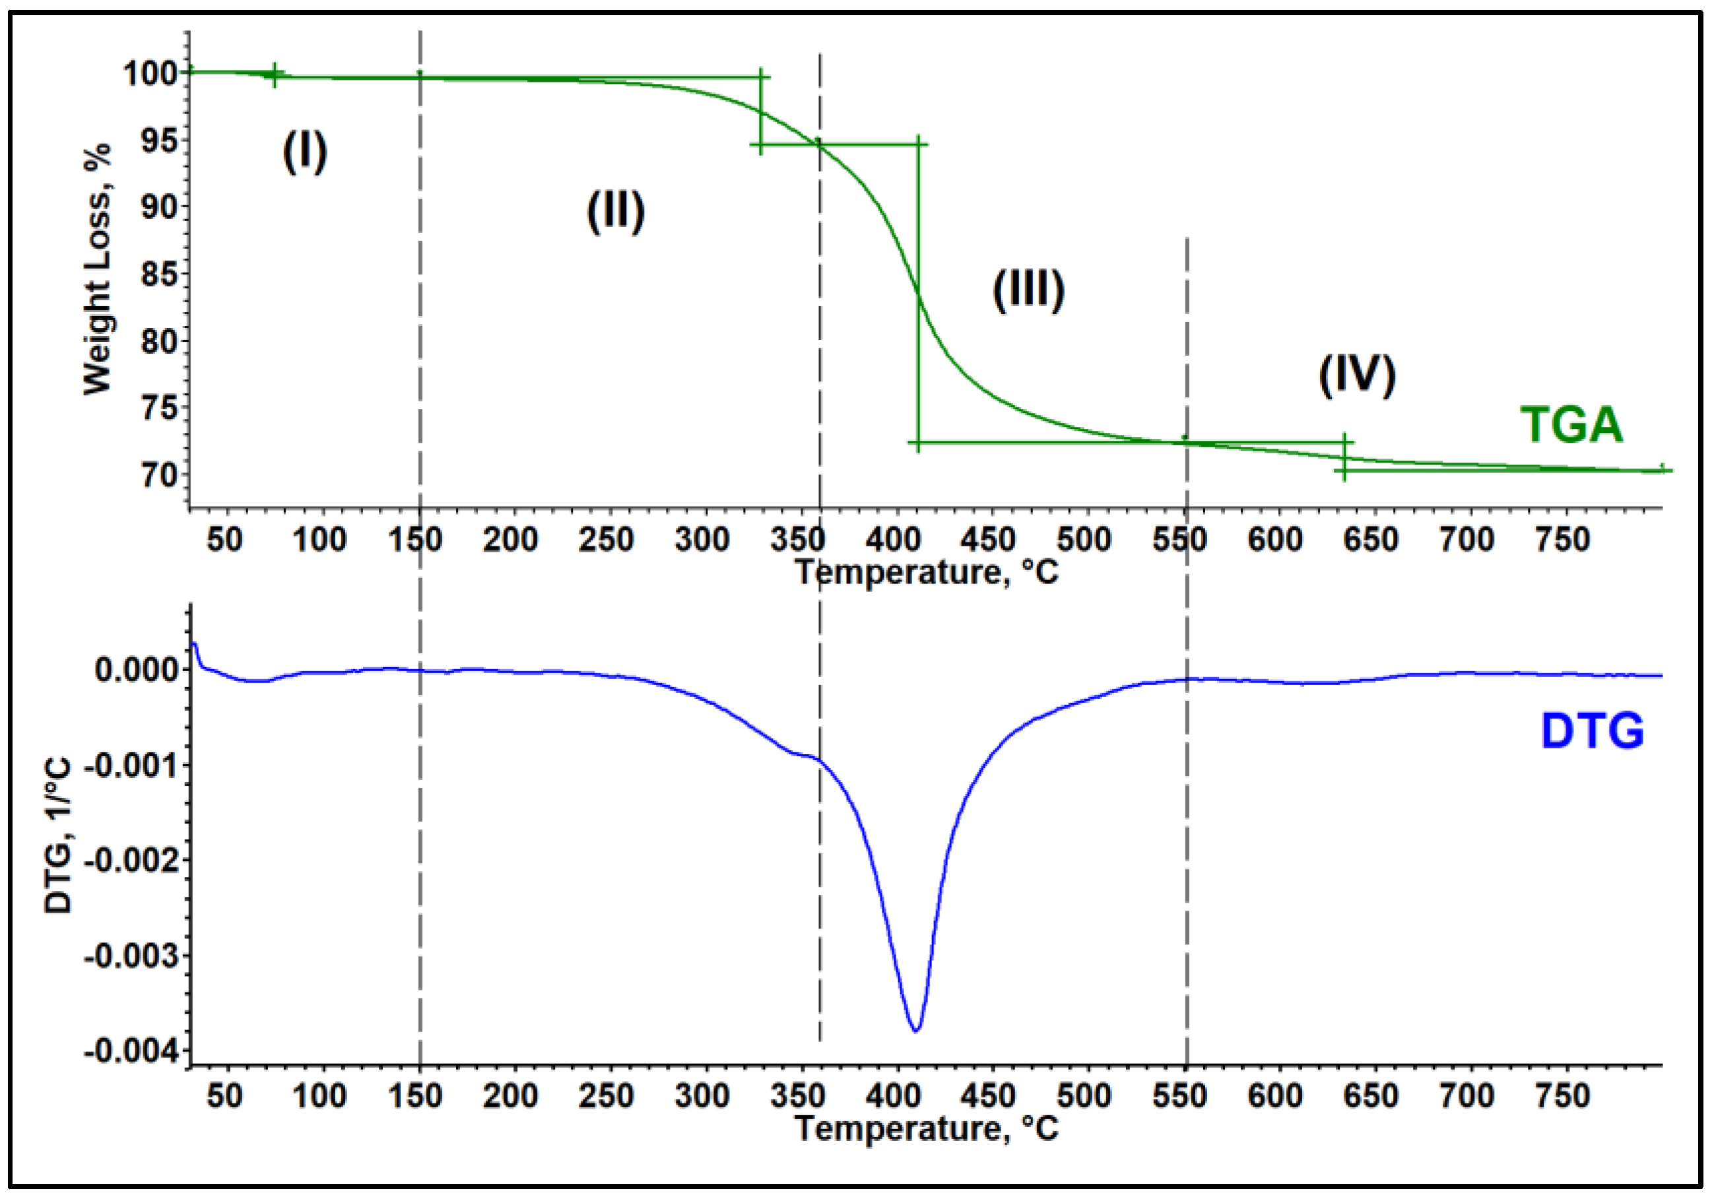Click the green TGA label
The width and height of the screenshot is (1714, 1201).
pyautogui.click(x=1571, y=426)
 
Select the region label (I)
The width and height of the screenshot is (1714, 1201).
pyautogui.click(x=304, y=152)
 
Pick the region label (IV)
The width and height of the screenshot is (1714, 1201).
pyautogui.click(x=1356, y=375)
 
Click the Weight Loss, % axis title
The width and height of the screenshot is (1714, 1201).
pyautogui.click(x=97, y=269)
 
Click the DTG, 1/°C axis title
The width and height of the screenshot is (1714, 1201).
pyautogui.click(x=58, y=835)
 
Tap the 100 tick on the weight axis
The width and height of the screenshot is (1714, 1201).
pyautogui.click(x=150, y=73)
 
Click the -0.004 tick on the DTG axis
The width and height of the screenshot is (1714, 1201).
pyautogui.click(x=132, y=1052)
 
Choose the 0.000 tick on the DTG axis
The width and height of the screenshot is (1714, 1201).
pyautogui.click(x=137, y=670)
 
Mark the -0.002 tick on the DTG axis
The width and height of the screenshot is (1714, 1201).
pyautogui.click(x=132, y=860)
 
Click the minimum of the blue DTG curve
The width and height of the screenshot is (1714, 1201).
pyautogui.click(x=916, y=1031)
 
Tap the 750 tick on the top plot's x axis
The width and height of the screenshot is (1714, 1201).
pyautogui.click(x=1562, y=540)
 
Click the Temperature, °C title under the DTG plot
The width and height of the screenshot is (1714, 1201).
pyautogui.click(x=927, y=1128)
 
